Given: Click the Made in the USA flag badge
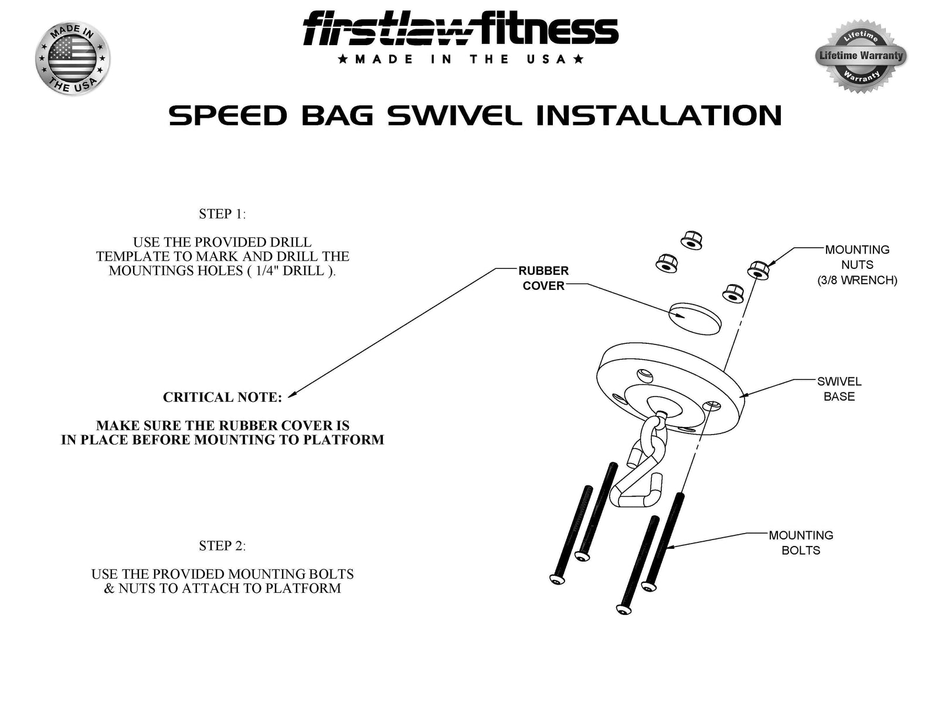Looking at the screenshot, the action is tap(73, 58).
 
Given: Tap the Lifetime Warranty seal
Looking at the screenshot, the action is tap(861, 56).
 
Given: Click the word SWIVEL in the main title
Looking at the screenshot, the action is tap(454, 115).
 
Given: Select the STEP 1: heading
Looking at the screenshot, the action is tap(222, 214).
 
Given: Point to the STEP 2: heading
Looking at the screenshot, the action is tap(222, 546).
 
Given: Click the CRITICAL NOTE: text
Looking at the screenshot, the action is tap(222, 397).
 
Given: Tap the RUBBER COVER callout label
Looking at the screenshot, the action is tap(543, 278).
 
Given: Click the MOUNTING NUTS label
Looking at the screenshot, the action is tap(857, 257).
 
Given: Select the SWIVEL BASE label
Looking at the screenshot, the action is tap(839, 389).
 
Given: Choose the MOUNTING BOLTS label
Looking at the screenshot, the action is tap(801, 543).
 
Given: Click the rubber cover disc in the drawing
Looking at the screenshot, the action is tap(695, 318).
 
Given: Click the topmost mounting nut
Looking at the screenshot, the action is tap(692, 240).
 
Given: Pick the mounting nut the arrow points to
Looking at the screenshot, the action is tap(759, 270).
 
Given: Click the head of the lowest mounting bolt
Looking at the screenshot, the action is tap(623, 609).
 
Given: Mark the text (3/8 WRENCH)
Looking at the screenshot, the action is tap(857, 280).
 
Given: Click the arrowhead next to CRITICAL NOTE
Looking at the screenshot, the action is tap(292, 394).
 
